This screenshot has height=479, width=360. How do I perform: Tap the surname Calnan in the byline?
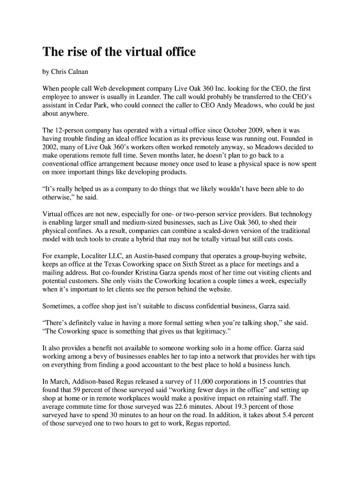coord(75,73)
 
